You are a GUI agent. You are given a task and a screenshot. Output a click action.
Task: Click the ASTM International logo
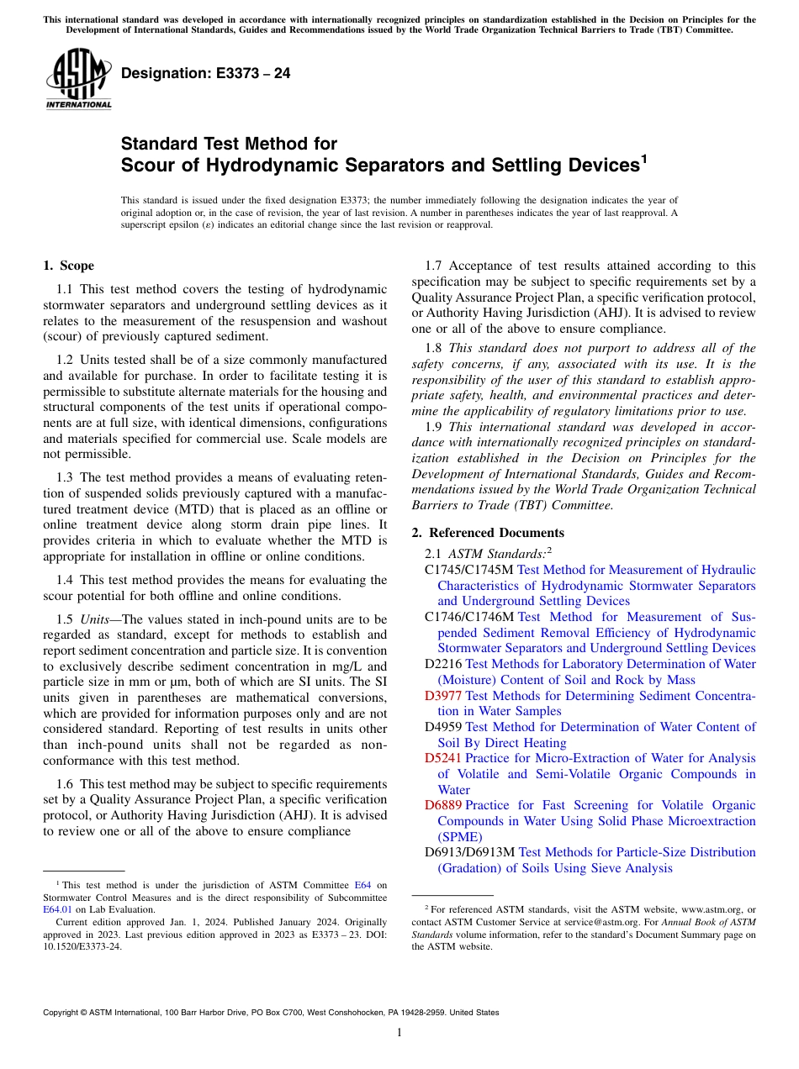[x=77, y=80]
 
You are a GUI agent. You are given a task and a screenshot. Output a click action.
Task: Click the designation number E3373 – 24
[x=206, y=74]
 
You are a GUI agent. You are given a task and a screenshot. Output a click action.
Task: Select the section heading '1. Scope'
[x=68, y=266]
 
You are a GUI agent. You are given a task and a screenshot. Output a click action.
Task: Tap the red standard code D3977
[x=443, y=696]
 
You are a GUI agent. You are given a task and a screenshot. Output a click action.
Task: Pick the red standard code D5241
[x=443, y=758]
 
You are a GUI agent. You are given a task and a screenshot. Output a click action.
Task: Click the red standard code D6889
[x=443, y=805]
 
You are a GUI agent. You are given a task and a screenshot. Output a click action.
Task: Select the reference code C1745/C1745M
[x=469, y=570]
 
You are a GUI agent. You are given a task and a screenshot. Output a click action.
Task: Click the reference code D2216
[x=443, y=664]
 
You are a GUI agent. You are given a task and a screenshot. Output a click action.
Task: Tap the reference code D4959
[x=443, y=727]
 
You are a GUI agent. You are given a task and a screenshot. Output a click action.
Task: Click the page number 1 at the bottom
[x=399, y=1033]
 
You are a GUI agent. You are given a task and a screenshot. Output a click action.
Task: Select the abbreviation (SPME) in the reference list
[x=459, y=836]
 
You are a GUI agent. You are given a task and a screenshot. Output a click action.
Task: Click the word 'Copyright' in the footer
[x=63, y=1013]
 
